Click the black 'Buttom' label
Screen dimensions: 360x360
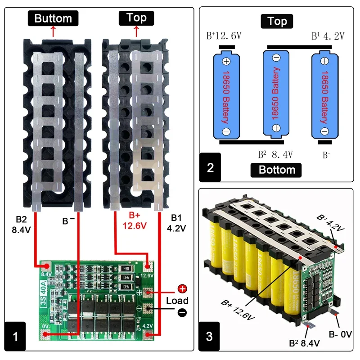pos(53,18)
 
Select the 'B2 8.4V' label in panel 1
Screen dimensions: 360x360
pos(22,224)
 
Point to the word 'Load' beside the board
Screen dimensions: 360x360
pos(177,301)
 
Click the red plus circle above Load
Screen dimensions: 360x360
pos(182,289)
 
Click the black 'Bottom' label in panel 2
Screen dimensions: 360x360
pos(277,170)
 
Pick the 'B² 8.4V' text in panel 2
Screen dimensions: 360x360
pos(275,154)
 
